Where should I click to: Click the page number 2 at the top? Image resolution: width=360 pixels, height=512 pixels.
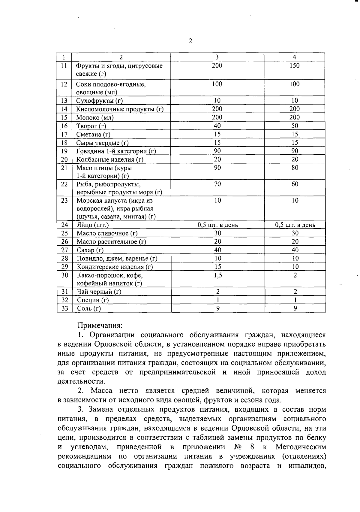[x=190, y=41]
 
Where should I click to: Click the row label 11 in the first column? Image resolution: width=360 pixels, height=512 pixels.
[x=64, y=66]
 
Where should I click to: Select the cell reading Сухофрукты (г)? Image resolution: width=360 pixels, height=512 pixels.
[x=99, y=101]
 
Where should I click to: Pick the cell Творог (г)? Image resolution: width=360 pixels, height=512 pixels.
[x=91, y=126]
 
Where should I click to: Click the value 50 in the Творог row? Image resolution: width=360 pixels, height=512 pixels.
[x=295, y=126]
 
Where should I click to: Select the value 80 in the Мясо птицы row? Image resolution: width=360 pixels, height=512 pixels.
[x=295, y=168]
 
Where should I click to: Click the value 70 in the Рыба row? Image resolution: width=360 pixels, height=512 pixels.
[x=217, y=184]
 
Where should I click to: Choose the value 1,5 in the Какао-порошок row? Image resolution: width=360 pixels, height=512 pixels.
[x=218, y=275]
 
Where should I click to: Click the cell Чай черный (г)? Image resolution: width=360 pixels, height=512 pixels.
[x=99, y=292]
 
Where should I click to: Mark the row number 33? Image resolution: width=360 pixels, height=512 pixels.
[x=64, y=308]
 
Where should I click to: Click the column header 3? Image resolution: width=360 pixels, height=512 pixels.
[x=217, y=57]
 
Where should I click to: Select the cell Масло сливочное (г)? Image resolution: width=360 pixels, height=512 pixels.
[x=107, y=233]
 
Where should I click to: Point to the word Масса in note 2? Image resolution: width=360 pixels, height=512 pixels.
[x=102, y=391]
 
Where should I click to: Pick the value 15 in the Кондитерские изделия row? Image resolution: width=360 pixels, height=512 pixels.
[x=218, y=267]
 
